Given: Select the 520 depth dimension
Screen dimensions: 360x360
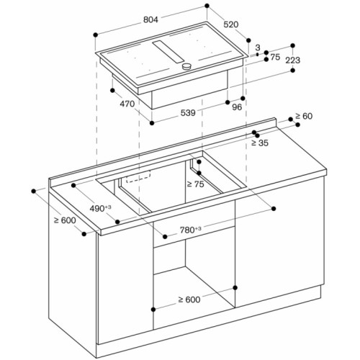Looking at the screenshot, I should point(230,24).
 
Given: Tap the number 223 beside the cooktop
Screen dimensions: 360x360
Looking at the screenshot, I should point(292,60).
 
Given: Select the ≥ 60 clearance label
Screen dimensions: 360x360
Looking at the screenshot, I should point(303,116).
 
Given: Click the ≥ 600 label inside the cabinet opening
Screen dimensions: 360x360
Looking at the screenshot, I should point(190,300).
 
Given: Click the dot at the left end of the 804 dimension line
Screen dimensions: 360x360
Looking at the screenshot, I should point(95,33).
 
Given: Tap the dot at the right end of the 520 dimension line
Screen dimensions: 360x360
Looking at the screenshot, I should point(248,40).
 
